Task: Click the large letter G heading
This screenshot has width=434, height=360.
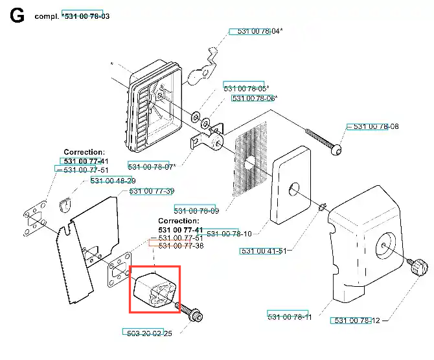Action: (17, 16)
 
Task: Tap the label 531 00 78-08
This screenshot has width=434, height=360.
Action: (376, 126)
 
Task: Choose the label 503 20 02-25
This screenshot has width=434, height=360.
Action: (150, 333)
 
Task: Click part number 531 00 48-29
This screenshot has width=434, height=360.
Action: (113, 181)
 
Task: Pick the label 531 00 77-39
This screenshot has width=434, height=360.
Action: (152, 191)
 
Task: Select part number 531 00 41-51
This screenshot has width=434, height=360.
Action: (264, 251)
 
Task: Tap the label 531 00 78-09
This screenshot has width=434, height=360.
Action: (196, 211)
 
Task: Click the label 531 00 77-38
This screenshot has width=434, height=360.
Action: (181, 245)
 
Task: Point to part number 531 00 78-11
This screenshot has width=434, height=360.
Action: (290, 317)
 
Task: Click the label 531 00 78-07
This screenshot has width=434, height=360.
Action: (150, 166)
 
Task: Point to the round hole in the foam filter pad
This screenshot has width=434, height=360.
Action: (294, 190)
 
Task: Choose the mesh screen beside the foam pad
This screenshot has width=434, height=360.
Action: (250, 159)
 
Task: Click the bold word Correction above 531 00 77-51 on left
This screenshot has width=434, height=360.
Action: (84, 152)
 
